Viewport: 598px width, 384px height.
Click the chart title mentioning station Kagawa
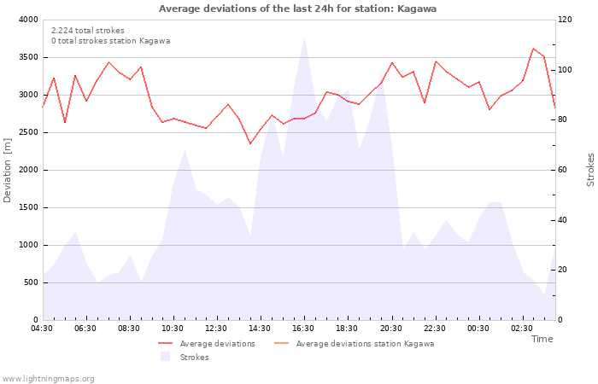tap(297, 9)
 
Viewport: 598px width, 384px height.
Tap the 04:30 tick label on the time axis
tap(42, 329)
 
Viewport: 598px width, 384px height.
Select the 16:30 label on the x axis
tap(303, 329)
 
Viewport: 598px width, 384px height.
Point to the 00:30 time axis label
tap(478, 329)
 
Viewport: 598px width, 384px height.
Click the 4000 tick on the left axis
tap(28, 20)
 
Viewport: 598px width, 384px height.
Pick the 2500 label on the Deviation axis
tap(28, 132)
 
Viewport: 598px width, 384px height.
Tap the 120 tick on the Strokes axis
tap(565, 20)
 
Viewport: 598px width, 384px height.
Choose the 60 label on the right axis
tap(562, 170)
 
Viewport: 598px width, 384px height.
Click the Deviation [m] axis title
tap(7, 171)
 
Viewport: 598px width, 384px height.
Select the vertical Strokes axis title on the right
tap(590, 170)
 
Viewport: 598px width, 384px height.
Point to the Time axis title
tap(542, 339)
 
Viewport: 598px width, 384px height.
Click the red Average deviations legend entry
tap(207, 344)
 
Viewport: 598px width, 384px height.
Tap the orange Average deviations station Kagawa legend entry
tap(354, 344)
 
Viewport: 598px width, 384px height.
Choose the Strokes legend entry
tap(185, 357)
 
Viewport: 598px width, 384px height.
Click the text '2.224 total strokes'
tap(88, 31)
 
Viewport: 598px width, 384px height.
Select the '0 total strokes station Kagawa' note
tap(110, 41)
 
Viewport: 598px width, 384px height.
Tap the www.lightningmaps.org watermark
tap(47, 379)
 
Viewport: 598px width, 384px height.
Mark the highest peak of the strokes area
tap(304, 38)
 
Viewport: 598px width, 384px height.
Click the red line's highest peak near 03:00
tap(533, 49)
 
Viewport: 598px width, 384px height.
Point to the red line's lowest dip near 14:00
tap(250, 143)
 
